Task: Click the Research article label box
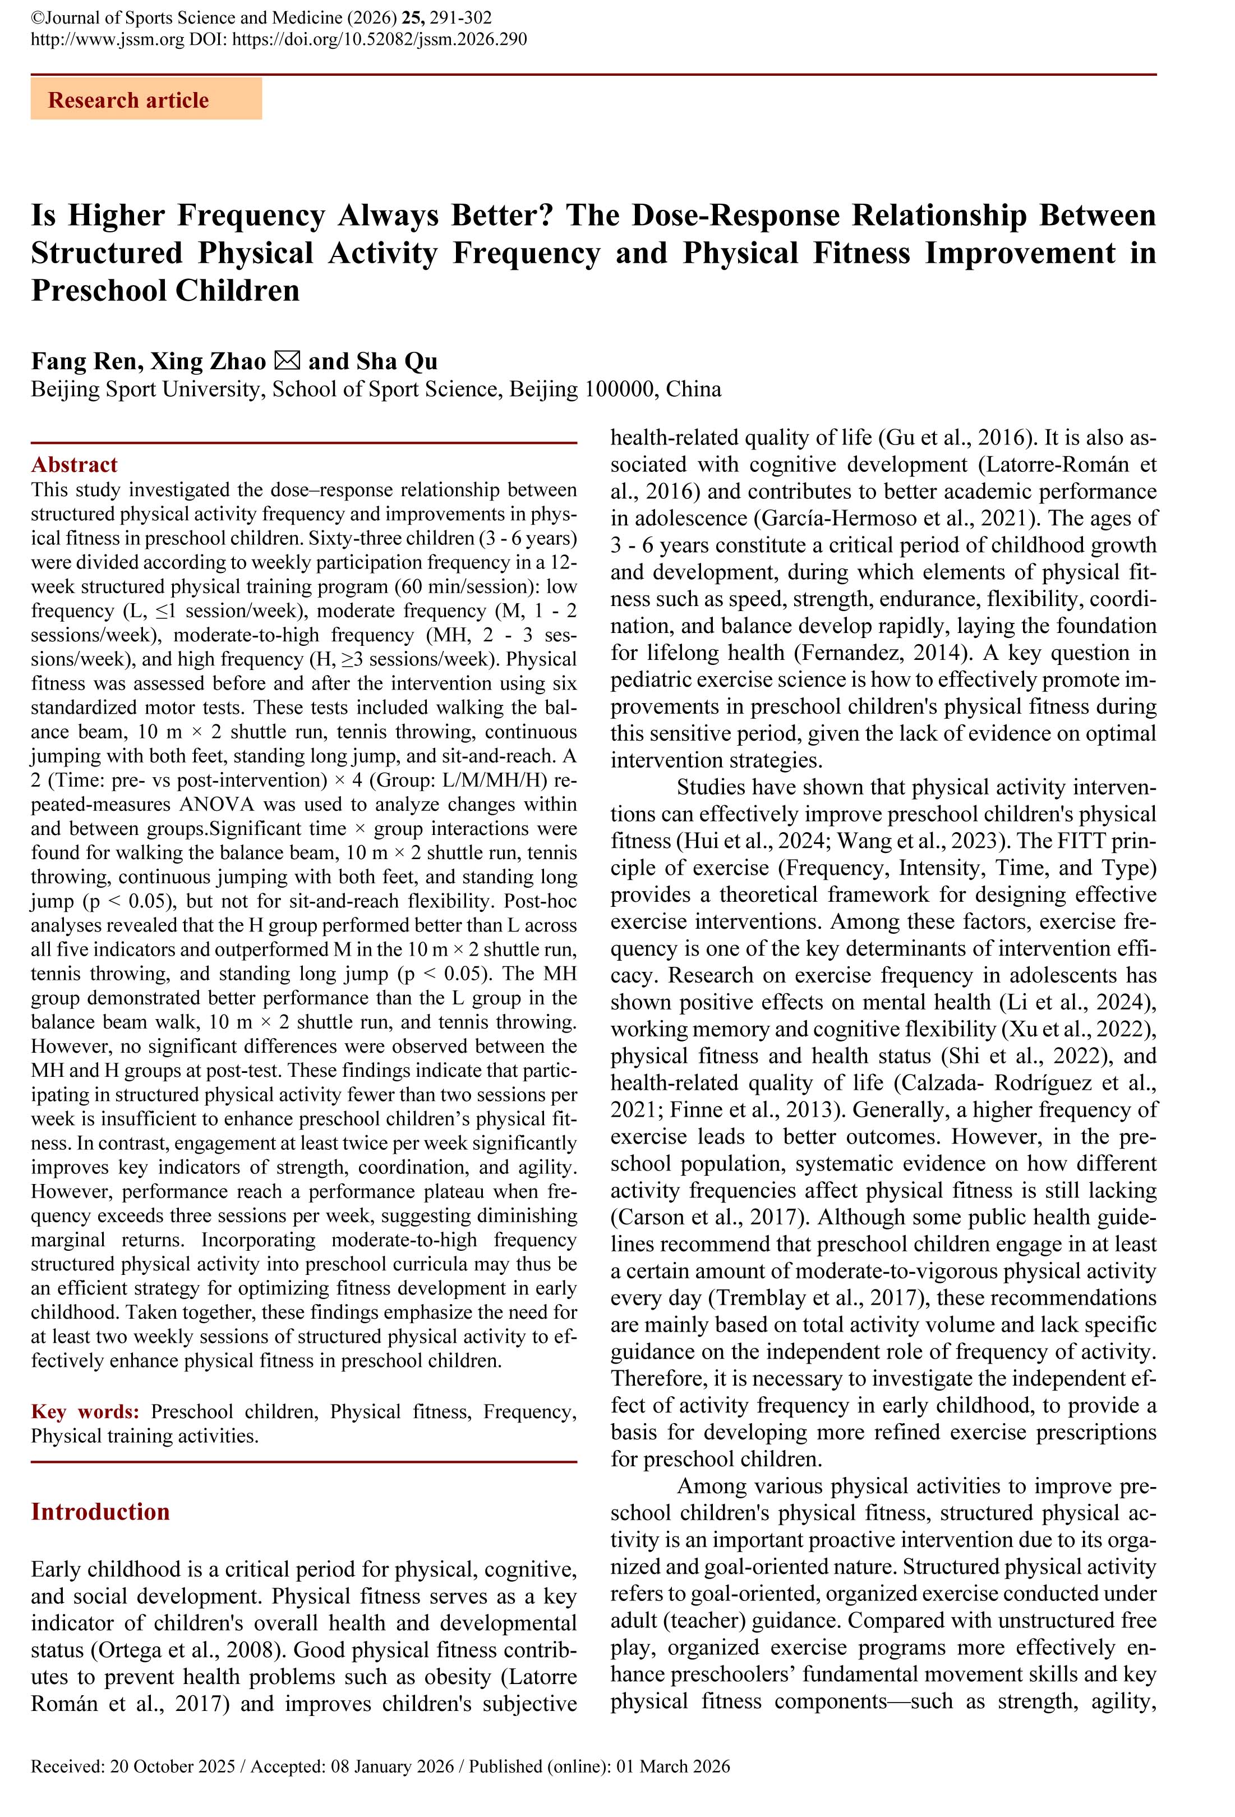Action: click(146, 99)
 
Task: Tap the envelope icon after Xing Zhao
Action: click(287, 361)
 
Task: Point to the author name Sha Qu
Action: click(397, 361)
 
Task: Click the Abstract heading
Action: click(74, 465)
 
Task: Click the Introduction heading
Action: click(100, 1511)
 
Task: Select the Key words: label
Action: click(85, 1411)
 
